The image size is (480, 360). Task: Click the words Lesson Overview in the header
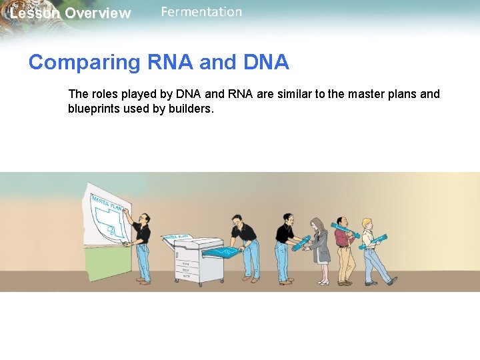point(71,13)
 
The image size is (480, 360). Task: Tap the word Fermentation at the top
point(201,12)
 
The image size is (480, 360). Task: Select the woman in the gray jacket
point(321,250)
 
